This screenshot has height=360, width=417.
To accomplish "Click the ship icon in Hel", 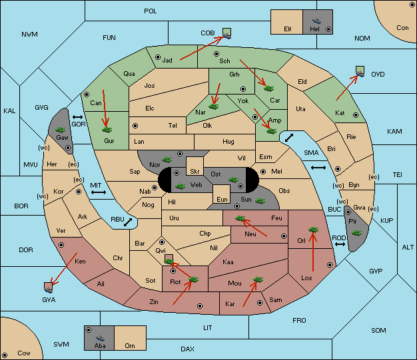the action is pyautogui.click(x=316, y=21).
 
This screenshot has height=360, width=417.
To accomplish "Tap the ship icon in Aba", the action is pyautogui.click(x=101, y=338).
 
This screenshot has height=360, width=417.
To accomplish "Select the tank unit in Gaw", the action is pyautogui.click(x=61, y=130).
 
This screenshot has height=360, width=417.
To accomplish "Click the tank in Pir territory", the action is pyautogui.click(x=356, y=233).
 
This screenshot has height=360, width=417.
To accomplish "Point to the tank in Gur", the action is pyautogui.click(x=107, y=130).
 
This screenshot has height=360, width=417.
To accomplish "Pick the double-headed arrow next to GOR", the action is pyautogui.click(x=78, y=117).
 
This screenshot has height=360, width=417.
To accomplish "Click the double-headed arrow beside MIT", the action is pyautogui.click(x=99, y=192).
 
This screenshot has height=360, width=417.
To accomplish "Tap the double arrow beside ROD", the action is pyautogui.click(x=340, y=244).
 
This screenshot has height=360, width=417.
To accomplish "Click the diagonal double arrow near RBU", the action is pyautogui.click(x=128, y=222).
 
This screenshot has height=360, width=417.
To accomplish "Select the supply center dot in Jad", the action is pyautogui.click(x=158, y=57).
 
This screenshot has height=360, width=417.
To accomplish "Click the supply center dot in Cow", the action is pyautogui.click(x=5, y=355).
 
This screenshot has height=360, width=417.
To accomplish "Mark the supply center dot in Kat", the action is pyautogui.click(x=356, y=115).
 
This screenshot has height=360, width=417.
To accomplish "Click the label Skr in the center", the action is pyautogui.click(x=195, y=172).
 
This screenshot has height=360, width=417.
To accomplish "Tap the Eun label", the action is pyautogui.click(x=222, y=199).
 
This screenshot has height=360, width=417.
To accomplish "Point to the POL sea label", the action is pyautogui.click(x=151, y=11).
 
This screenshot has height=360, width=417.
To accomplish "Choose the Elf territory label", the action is pyautogui.click(x=288, y=29).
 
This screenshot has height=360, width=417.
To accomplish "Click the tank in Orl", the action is pyautogui.click(x=313, y=230).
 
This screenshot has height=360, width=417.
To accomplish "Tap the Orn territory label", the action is pyautogui.click(x=130, y=345).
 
